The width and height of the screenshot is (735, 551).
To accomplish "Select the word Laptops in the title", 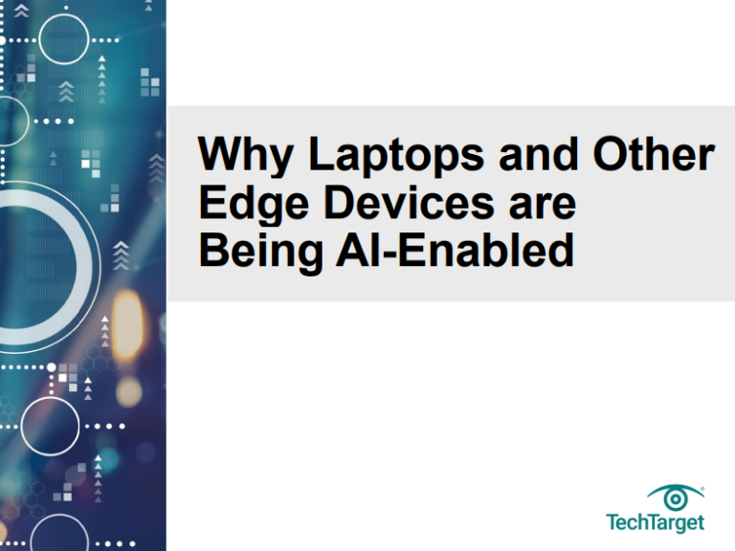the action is tap(396, 156).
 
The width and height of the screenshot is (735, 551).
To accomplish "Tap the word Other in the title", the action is tap(654, 153).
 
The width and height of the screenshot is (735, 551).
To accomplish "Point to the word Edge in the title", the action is tap(254, 206).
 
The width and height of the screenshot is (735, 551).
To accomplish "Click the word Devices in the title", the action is tap(409, 202).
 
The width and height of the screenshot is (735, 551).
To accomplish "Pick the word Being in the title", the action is tap(260, 253).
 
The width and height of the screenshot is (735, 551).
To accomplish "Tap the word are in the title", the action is tap(543, 207).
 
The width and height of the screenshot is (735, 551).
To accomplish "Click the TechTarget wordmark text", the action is tap(655, 523).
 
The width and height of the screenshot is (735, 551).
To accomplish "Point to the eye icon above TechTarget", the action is tap(675, 498).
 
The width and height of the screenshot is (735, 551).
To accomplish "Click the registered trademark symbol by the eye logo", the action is tap(702, 489).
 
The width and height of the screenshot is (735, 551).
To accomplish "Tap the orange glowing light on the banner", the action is tap(126, 323).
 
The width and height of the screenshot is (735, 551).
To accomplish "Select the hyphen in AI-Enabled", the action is tap(390, 253).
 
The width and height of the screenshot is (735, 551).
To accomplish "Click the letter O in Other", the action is tap(612, 153).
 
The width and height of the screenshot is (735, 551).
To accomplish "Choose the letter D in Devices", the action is tap(341, 202).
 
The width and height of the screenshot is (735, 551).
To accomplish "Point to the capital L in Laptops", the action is tap(323, 153).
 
